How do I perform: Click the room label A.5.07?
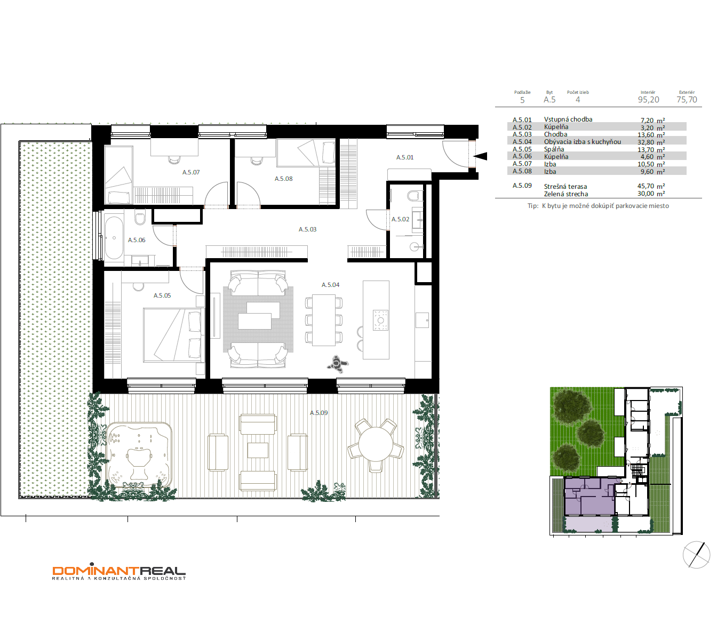pyautogui.click(x=191, y=172)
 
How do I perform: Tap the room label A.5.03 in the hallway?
pyautogui.click(x=307, y=229)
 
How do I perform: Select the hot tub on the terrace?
pyautogui.click(x=139, y=454)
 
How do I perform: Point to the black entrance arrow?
pyautogui.click(x=480, y=156)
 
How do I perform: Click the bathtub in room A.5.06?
pyautogui.click(x=114, y=238)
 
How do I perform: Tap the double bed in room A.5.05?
pyautogui.click(x=173, y=335)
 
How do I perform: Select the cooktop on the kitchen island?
pyautogui.click(x=380, y=320)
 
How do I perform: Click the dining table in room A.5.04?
pyautogui.click(x=324, y=320)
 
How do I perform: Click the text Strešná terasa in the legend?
pyautogui.click(x=565, y=187)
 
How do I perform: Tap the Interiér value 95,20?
pyautogui.click(x=649, y=100)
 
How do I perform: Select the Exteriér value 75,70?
pyautogui.click(x=687, y=100)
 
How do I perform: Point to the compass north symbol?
pyautogui.click(x=697, y=555)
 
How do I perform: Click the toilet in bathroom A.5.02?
pyautogui.click(x=415, y=196)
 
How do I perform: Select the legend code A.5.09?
pyautogui.click(x=522, y=186)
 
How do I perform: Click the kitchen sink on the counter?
pyautogui.click(x=422, y=320)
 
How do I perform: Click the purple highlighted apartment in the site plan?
pyautogui.click(x=589, y=496)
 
